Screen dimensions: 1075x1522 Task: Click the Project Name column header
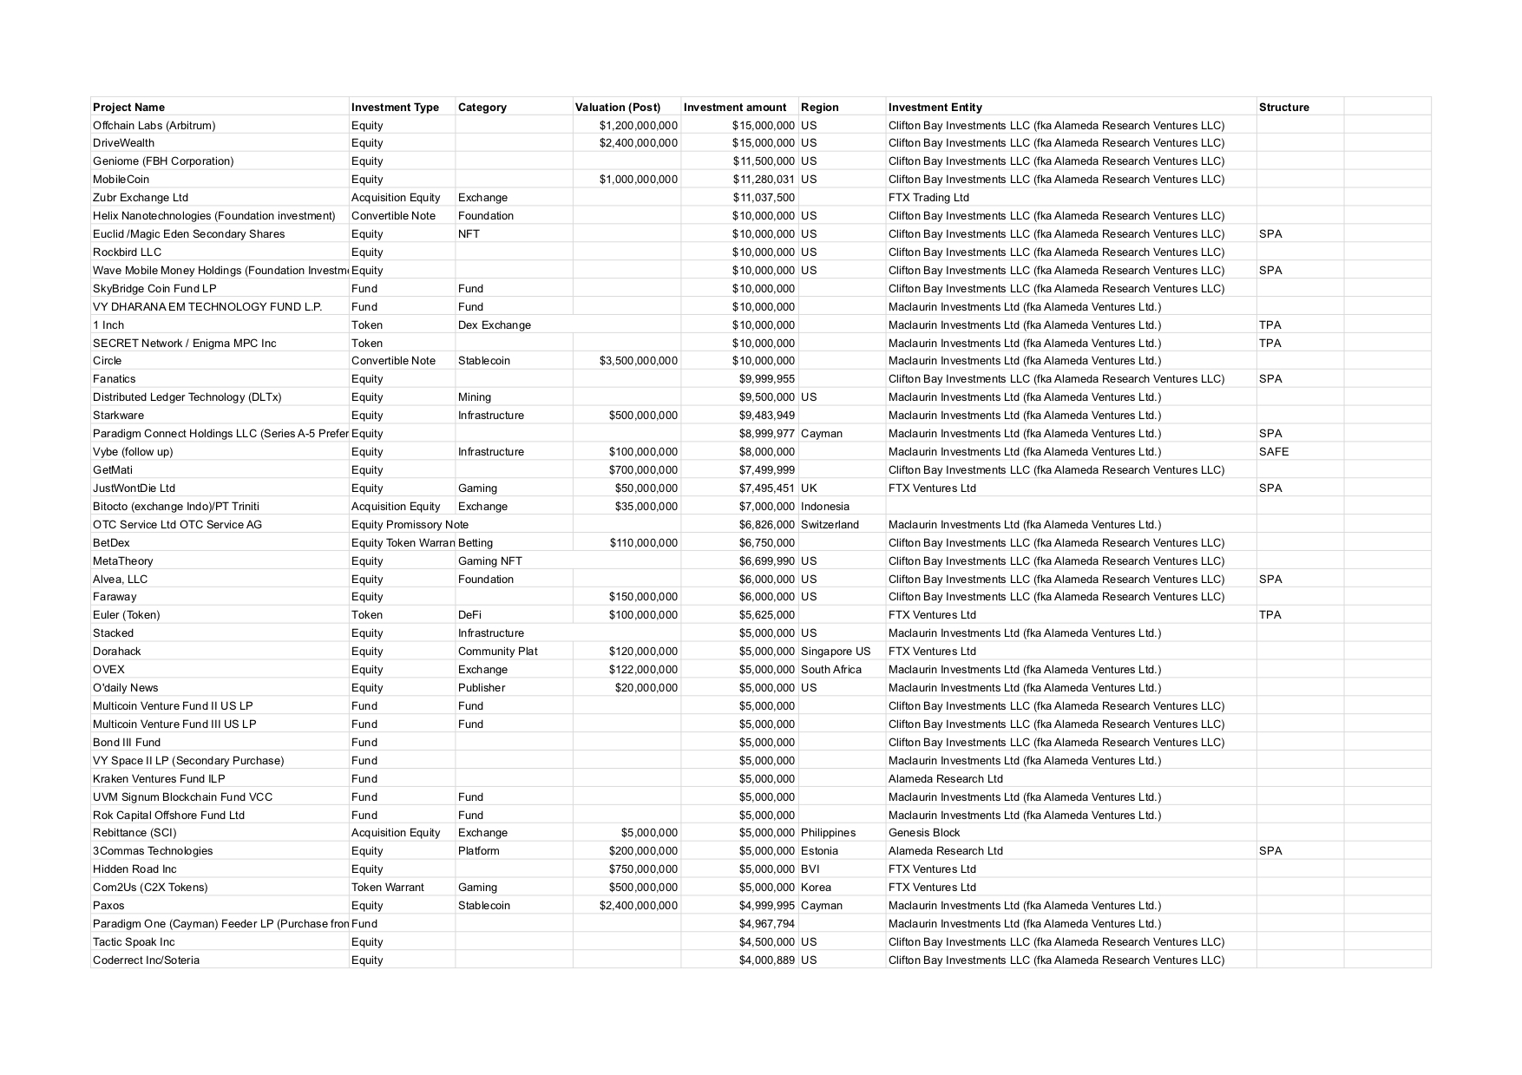(x=128, y=108)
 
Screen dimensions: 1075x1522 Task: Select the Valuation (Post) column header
(x=617, y=108)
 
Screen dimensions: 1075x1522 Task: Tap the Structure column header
(x=1283, y=108)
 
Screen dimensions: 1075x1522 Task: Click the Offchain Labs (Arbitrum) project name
(x=154, y=126)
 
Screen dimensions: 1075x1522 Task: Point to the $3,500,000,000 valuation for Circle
(x=638, y=361)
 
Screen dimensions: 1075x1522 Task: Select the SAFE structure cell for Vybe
(x=1273, y=452)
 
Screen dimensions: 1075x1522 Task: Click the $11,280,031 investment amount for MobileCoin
(x=763, y=180)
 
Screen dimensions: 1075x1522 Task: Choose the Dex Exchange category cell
(x=494, y=325)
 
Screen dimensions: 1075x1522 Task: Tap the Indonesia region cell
(x=824, y=507)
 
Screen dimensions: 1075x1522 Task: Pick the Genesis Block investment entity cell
(x=924, y=833)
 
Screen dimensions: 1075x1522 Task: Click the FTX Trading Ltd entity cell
(x=928, y=198)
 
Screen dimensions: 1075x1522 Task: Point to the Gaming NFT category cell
(x=489, y=561)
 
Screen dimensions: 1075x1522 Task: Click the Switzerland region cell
(x=830, y=525)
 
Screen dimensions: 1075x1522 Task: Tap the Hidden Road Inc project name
(x=134, y=869)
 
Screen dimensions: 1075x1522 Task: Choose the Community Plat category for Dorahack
(x=497, y=652)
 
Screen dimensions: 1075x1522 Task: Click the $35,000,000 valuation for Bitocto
(x=646, y=507)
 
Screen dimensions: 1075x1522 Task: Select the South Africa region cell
(x=830, y=670)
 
